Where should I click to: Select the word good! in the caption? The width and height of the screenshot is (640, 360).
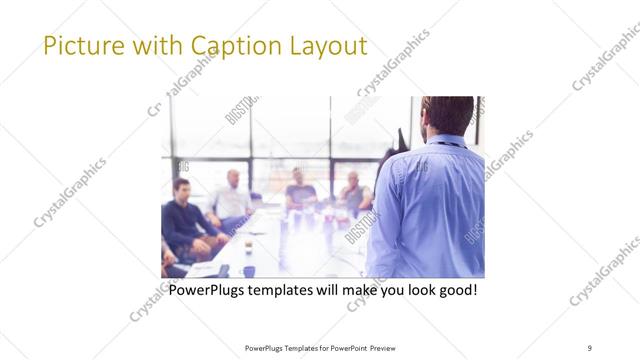point(456,291)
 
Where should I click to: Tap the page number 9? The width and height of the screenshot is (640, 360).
point(590,347)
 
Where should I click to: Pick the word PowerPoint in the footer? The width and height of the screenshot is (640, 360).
point(343,347)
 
